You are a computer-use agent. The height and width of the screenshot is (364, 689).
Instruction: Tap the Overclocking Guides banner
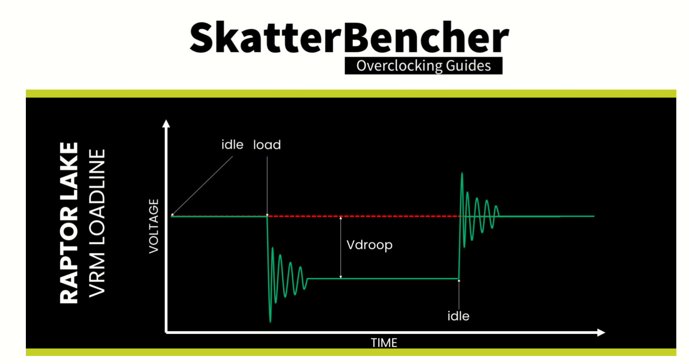(x=423, y=66)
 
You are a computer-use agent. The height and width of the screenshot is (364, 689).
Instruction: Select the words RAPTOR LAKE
(x=69, y=223)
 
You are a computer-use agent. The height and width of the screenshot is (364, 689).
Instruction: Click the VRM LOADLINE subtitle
(x=97, y=223)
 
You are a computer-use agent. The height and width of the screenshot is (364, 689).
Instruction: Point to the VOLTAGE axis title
(x=153, y=226)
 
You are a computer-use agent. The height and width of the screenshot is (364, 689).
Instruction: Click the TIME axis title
(x=384, y=343)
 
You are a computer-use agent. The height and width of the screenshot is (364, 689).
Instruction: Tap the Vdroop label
(x=369, y=245)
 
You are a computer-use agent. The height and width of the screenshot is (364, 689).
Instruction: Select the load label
(x=267, y=145)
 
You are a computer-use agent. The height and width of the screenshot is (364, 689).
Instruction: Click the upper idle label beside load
(x=232, y=145)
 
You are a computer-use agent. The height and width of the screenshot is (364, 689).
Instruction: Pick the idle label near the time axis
(x=458, y=316)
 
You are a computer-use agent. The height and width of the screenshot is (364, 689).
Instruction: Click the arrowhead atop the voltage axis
(x=166, y=123)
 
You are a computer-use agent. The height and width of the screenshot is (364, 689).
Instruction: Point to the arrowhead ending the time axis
(x=601, y=333)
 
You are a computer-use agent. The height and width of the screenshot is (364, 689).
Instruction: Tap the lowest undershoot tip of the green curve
(x=271, y=322)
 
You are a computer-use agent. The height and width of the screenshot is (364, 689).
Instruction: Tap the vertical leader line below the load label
(x=267, y=187)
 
